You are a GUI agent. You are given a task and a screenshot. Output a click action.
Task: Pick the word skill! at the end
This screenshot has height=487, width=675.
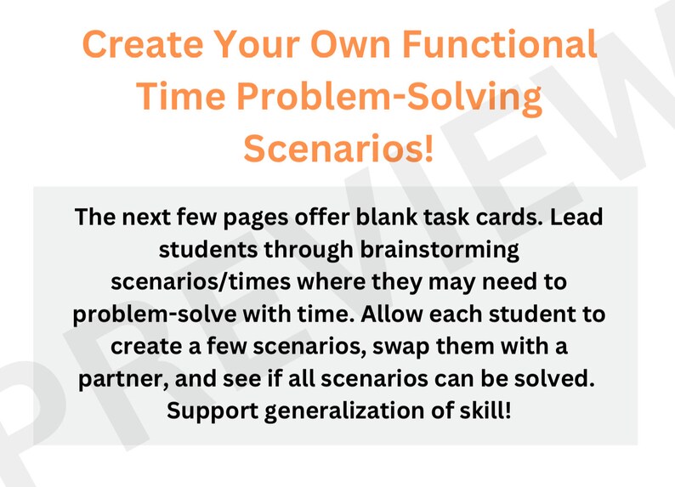click(483, 411)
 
